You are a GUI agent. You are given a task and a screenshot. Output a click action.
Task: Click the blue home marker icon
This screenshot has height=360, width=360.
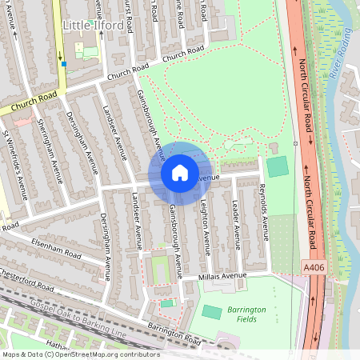coord(180,173)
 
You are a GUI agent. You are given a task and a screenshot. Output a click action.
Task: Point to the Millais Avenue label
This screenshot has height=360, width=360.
coord(224,276)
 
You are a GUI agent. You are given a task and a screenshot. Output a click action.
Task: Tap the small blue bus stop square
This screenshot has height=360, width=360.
coord(63,64)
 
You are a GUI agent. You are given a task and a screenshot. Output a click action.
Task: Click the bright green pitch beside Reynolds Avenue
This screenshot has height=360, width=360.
coord(277,167)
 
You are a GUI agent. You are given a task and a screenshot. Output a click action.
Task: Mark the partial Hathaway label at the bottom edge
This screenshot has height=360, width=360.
coord(58,346)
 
